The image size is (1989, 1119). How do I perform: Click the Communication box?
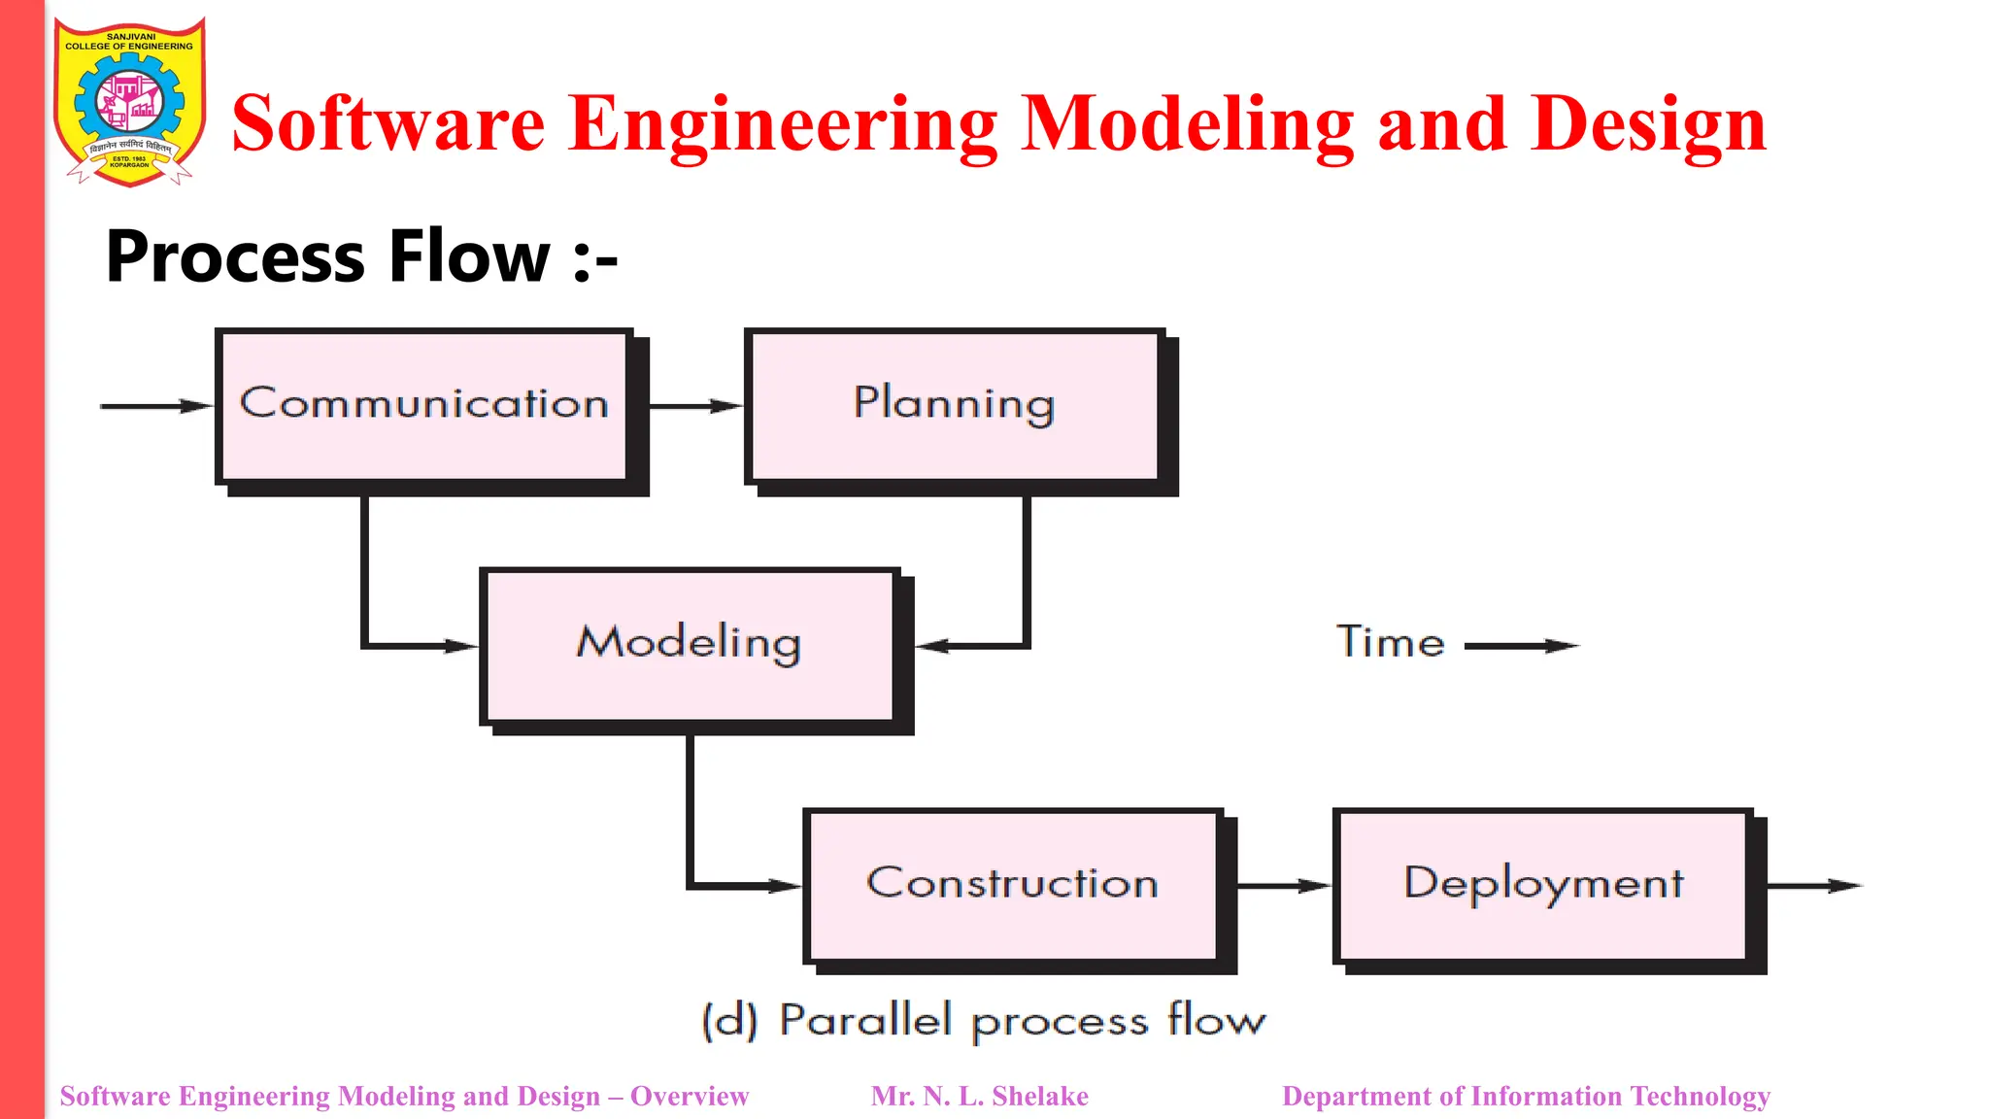pyautogui.click(x=424, y=405)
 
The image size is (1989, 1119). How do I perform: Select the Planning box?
pyautogui.click(x=954, y=405)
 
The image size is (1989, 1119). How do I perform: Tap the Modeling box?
pyautogui.click(x=689, y=645)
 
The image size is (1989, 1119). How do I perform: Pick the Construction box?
pyautogui.click(x=1012, y=884)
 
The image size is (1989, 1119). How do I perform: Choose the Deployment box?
pyautogui.click(x=1543, y=884)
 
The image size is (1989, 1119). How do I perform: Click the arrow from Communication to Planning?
pyautogui.click(x=694, y=406)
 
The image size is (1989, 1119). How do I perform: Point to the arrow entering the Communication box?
pyautogui.click(x=155, y=406)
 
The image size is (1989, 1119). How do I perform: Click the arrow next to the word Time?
pyautogui.click(x=1521, y=645)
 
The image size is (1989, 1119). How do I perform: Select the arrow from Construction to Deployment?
pyautogui.click(x=1283, y=885)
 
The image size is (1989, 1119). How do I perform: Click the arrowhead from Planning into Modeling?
pyautogui.click(x=932, y=646)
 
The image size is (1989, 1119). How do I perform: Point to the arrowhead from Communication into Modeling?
pyautogui.click(x=460, y=646)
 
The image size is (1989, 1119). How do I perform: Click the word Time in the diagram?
pyautogui.click(x=1390, y=643)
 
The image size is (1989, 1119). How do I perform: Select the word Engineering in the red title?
pyautogui.click(x=782, y=123)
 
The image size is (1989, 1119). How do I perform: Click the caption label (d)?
pyautogui.click(x=729, y=1020)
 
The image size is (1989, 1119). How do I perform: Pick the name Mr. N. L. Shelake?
pyautogui.click(x=979, y=1096)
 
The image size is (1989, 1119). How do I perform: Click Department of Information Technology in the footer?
pyautogui.click(x=1526, y=1096)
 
